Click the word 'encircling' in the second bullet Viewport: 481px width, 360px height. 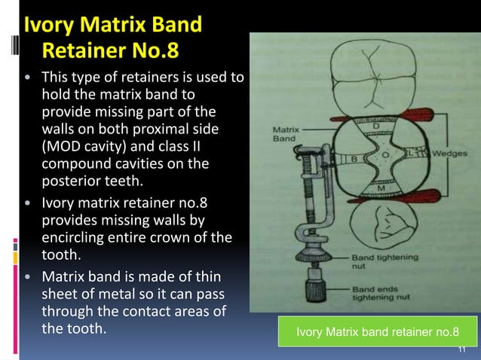tap(75, 238)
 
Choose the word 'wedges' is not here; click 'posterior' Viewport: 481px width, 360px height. tap(72, 181)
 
